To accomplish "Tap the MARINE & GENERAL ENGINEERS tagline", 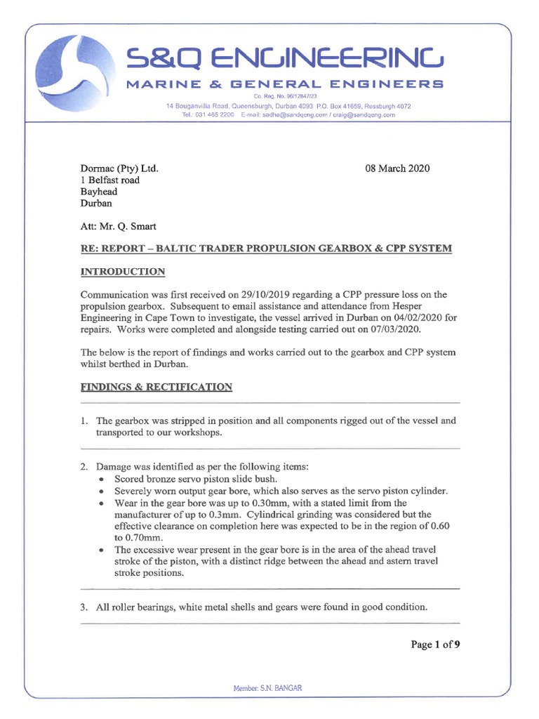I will coord(284,84).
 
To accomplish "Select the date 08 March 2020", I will coord(397,169).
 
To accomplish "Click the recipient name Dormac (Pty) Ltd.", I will coord(119,169).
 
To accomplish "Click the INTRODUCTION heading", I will coord(123,272).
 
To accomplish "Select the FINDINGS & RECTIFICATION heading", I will coord(157,387).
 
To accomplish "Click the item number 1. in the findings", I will coord(84,421).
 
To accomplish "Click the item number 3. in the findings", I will coord(84,607).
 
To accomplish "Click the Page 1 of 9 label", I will coord(435,645).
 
